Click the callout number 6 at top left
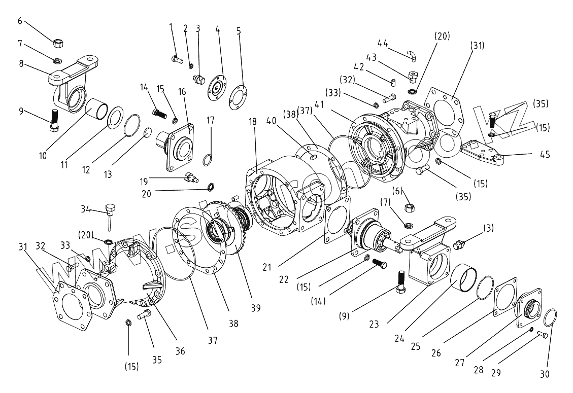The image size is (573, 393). [x=20, y=21]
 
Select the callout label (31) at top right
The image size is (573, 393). [x=478, y=46]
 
